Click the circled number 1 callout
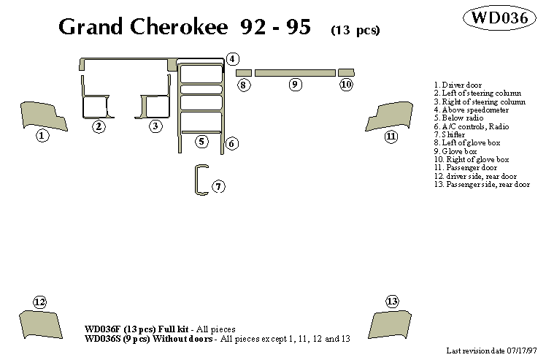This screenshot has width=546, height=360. pos(42,136)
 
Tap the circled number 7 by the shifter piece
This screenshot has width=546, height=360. pos(218,187)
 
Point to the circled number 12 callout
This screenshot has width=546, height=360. pos(39,302)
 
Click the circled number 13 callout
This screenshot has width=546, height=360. pos(392,302)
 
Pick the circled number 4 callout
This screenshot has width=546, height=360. pos(232,59)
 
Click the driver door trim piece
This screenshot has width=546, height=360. pos(41,115)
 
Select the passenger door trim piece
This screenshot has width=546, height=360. pos(392,116)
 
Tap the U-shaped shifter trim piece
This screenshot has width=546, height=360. pos(199,181)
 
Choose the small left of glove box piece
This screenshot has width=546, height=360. pos(244,72)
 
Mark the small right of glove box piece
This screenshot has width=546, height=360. pos(346,72)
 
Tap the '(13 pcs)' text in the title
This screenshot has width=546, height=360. pos(355,30)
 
